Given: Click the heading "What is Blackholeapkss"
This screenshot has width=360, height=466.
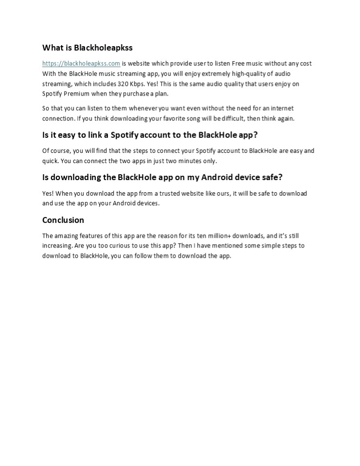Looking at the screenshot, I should pos(87,48).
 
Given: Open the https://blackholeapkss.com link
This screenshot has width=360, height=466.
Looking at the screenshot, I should pos(81,64).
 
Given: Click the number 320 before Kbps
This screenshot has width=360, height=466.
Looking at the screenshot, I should pos(123,84).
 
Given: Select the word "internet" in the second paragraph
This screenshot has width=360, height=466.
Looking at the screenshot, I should pos(282,108).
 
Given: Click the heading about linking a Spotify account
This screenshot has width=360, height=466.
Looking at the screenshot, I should pos(150,135).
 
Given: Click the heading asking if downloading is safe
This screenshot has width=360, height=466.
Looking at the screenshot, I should pos(162,177).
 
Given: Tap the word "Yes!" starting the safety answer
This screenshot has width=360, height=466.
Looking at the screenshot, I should pos(49,193).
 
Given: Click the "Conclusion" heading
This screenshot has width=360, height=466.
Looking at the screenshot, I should pos(63,220).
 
